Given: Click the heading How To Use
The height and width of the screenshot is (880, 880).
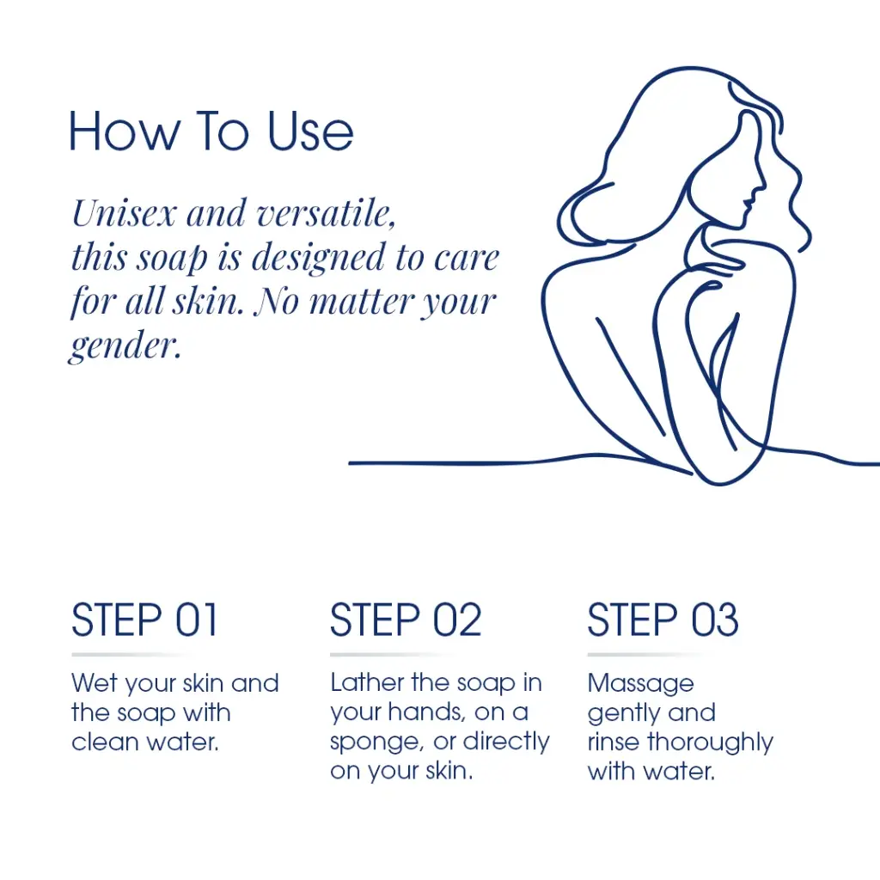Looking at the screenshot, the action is click(211, 131).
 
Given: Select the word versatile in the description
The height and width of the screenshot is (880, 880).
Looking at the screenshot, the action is click(325, 214).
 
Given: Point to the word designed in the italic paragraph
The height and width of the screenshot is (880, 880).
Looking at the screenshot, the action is click(319, 259).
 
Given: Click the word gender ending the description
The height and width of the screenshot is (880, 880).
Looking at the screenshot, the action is click(125, 345).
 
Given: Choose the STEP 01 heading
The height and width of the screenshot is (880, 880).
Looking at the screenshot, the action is click(144, 620).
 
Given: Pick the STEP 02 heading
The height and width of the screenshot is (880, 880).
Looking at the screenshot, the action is click(406, 620).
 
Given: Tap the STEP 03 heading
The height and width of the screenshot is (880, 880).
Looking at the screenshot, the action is click(663, 620).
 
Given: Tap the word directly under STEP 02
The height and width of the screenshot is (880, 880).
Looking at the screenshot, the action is click(505, 742).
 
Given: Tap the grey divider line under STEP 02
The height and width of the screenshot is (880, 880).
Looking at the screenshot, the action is click(393, 654).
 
